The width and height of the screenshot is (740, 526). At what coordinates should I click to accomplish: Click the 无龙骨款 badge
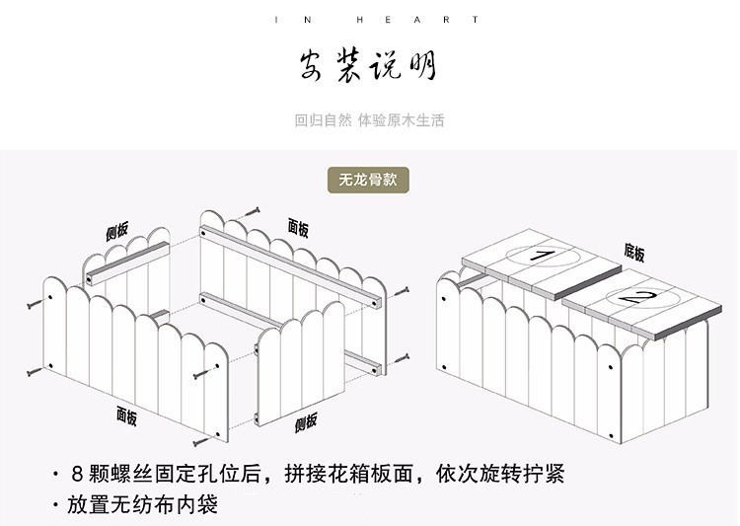[x=369, y=181]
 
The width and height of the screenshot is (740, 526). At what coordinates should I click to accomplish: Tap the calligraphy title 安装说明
[x=369, y=66]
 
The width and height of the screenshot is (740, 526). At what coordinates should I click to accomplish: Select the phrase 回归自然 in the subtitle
[x=322, y=121]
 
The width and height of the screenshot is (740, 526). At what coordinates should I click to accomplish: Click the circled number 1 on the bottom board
[x=541, y=257]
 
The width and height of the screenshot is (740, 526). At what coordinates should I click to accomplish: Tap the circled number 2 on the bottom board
[x=630, y=296]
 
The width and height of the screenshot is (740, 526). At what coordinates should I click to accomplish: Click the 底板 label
[x=633, y=254]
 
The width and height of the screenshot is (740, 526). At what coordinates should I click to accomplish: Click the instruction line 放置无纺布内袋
[x=142, y=505]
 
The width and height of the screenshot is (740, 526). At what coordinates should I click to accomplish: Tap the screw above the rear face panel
[x=253, y=211]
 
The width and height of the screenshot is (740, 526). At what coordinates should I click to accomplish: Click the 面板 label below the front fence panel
[x=126, y=414]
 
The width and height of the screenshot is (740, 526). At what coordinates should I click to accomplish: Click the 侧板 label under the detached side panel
[x=306, y=422]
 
